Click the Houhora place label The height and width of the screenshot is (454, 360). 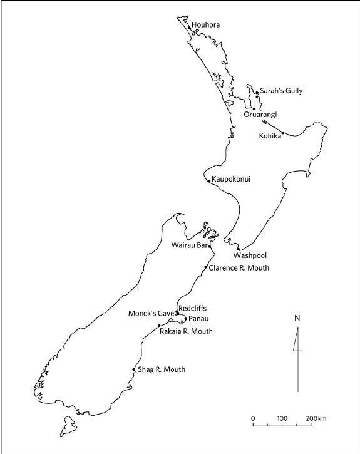pos(207,26)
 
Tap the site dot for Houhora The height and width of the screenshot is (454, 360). pos(189,27)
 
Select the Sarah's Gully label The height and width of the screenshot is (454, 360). pos(281,91)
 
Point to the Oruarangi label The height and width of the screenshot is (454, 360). pos(260,115)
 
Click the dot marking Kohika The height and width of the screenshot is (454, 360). pos(283,133)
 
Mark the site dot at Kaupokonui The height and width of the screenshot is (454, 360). pos(209,181)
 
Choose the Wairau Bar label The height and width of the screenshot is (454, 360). pos(189,245)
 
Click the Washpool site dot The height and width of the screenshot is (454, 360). pos(239,249)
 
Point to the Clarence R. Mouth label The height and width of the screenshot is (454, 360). pos(239,268)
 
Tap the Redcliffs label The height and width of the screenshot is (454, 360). pos(192,308)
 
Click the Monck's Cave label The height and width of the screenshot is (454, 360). pos(151,312)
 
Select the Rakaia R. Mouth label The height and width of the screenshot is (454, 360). pos(187,331)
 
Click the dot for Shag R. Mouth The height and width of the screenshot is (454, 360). pos(134,369)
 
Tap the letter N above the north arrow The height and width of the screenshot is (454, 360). pos(297,317)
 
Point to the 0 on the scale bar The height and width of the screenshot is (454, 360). pos(253,418)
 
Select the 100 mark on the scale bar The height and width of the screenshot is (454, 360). pos(282,418)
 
